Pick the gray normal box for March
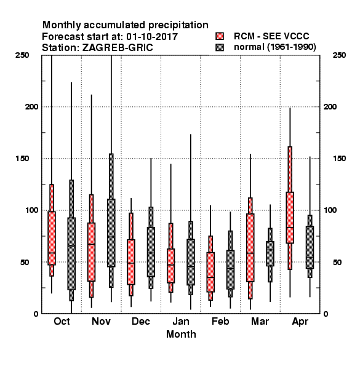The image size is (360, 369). coord(270,253)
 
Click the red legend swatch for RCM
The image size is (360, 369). coord(220,36)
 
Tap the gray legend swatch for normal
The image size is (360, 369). coord(220,47)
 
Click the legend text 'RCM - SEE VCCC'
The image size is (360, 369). coord(271,36)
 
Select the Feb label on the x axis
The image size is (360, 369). coord(220,321)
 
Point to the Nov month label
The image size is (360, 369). coord(101,321)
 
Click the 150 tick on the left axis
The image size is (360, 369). coord(22,159)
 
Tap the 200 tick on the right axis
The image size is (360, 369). coord(330,106)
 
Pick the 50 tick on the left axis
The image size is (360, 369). coord(25,262)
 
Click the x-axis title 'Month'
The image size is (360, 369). coord(181,334)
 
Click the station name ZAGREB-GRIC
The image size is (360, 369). coord(118,47)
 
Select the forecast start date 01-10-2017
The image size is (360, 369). coord(152,36)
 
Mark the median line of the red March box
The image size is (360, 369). coord(250,253)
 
